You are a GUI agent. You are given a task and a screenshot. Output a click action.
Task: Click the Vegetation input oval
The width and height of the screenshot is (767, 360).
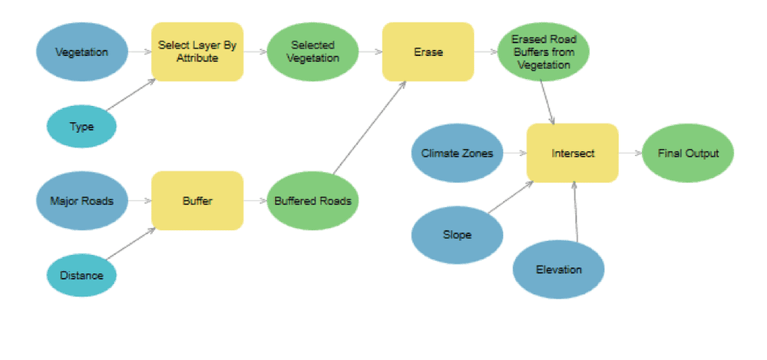[81, 52]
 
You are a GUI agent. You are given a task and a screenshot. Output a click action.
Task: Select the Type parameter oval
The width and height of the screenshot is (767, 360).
[81, 127]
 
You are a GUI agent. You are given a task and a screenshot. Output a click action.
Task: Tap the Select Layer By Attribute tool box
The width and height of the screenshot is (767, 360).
[197, 52]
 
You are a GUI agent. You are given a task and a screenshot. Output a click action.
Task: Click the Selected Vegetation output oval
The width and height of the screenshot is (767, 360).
[312, 52]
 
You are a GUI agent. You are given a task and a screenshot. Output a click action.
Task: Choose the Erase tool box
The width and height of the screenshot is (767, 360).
[428, 52]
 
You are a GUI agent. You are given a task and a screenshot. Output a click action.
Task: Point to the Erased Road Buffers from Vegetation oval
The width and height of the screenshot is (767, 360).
[543, 52]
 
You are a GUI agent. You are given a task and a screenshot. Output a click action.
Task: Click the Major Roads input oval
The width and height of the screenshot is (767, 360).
[81, 201]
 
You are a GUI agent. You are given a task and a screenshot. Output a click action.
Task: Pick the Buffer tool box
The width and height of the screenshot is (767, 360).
[197, 201]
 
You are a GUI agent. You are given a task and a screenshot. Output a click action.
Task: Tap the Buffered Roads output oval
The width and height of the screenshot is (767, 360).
[312, 201]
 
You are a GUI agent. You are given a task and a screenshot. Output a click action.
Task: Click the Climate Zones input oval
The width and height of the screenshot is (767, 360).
[458, 153]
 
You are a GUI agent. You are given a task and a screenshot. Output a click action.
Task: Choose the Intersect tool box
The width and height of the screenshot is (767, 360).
[573, 153]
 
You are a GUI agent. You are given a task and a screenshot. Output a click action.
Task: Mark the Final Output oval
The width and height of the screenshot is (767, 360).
[688, 153]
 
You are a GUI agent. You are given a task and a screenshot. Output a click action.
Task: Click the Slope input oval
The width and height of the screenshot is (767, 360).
[457, 234]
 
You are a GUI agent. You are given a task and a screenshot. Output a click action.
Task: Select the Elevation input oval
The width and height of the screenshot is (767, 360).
[558, 269]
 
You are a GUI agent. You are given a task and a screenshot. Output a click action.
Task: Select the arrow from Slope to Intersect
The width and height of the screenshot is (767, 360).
[511, 197]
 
